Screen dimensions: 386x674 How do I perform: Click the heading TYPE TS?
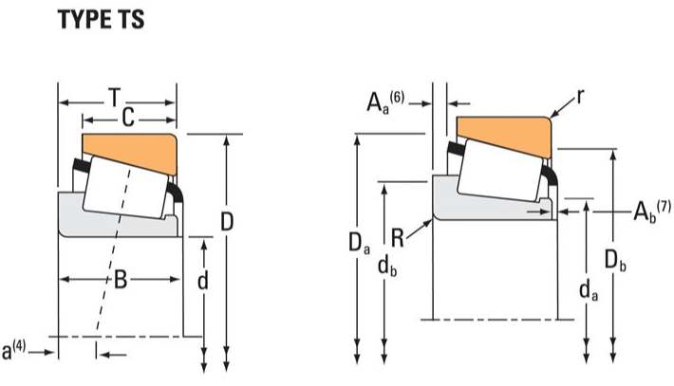[x=102, y=20]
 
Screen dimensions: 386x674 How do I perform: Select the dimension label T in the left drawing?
[x=114, y=97]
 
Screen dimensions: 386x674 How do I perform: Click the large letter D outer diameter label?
[x=226, y=222]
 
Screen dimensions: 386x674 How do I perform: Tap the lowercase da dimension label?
[x=589, y=290]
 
